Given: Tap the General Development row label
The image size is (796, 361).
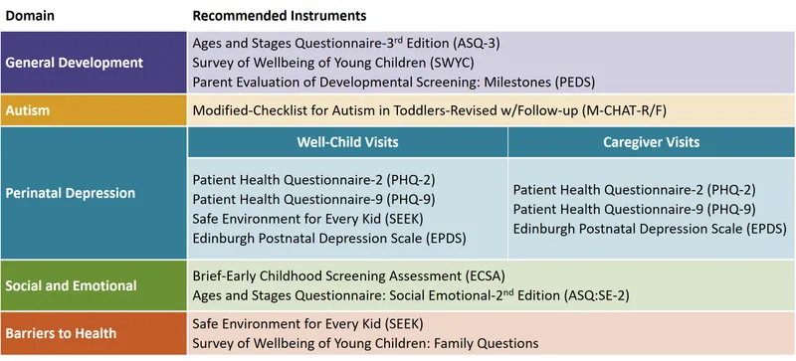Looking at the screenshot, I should (x=75, y=62).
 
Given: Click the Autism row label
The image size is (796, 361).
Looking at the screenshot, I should (x=29, y=109).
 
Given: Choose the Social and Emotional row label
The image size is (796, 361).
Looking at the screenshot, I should (x=72, y=285).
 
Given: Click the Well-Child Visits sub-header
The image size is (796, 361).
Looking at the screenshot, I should (x=348, y=142).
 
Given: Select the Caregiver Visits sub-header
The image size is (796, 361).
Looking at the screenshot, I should (x=651, y=142).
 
